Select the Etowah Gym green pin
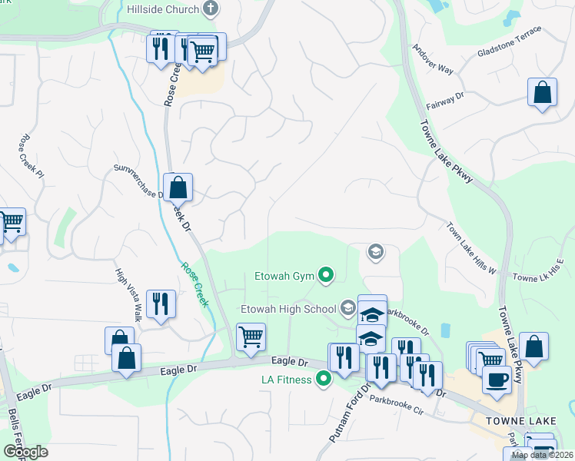[x=326, y=274]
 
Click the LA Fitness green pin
[x=324, y=378]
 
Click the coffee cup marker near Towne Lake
[x=497, y=379]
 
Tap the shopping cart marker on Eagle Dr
[x=251, y=337]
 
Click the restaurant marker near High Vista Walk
[x=161, y=303]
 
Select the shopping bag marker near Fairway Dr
[x=543, y=92]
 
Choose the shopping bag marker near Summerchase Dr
[x=178, y=187]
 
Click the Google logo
[x=25, y=452]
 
